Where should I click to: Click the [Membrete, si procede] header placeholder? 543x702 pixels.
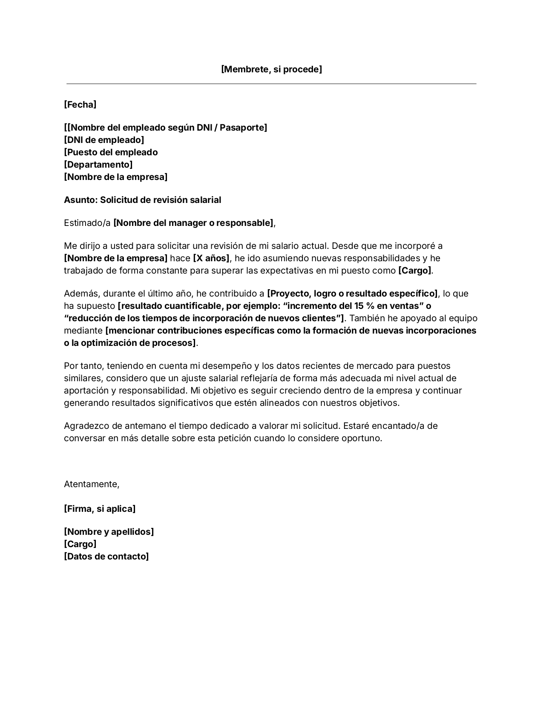click(x=271, y=69)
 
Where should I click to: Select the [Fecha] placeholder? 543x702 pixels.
click(x=80, y=104)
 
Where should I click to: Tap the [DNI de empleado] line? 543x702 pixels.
click(x=104, y=140)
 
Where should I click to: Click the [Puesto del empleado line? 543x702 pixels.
click(x=111, y=152)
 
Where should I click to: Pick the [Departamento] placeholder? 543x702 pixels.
click(x=98, y=164)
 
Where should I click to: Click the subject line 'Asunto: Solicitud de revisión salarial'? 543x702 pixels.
click(x=142, y=200)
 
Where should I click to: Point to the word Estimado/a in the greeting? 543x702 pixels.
click(x=87, y=223)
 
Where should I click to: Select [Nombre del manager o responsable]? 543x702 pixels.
click(x=193, y=223)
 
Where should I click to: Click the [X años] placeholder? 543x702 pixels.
click(x=211, y=258)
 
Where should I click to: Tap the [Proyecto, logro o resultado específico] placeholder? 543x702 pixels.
click(x=352, y=293)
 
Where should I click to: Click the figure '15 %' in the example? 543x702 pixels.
click(x=364, y=305)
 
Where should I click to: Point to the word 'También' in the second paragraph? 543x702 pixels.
click(x=365, y=318)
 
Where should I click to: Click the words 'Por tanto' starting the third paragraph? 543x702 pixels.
click(x=83, y=365)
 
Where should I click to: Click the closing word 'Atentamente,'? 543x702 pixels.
click(x=92, y=484)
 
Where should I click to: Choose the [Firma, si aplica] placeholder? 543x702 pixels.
click(x=100, y=508)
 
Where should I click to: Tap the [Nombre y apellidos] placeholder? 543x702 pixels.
click(x=109, y=531)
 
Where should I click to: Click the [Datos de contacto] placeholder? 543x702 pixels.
click(x=106, y=556)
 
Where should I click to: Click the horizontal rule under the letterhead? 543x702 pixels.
click(x=271, y=84)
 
